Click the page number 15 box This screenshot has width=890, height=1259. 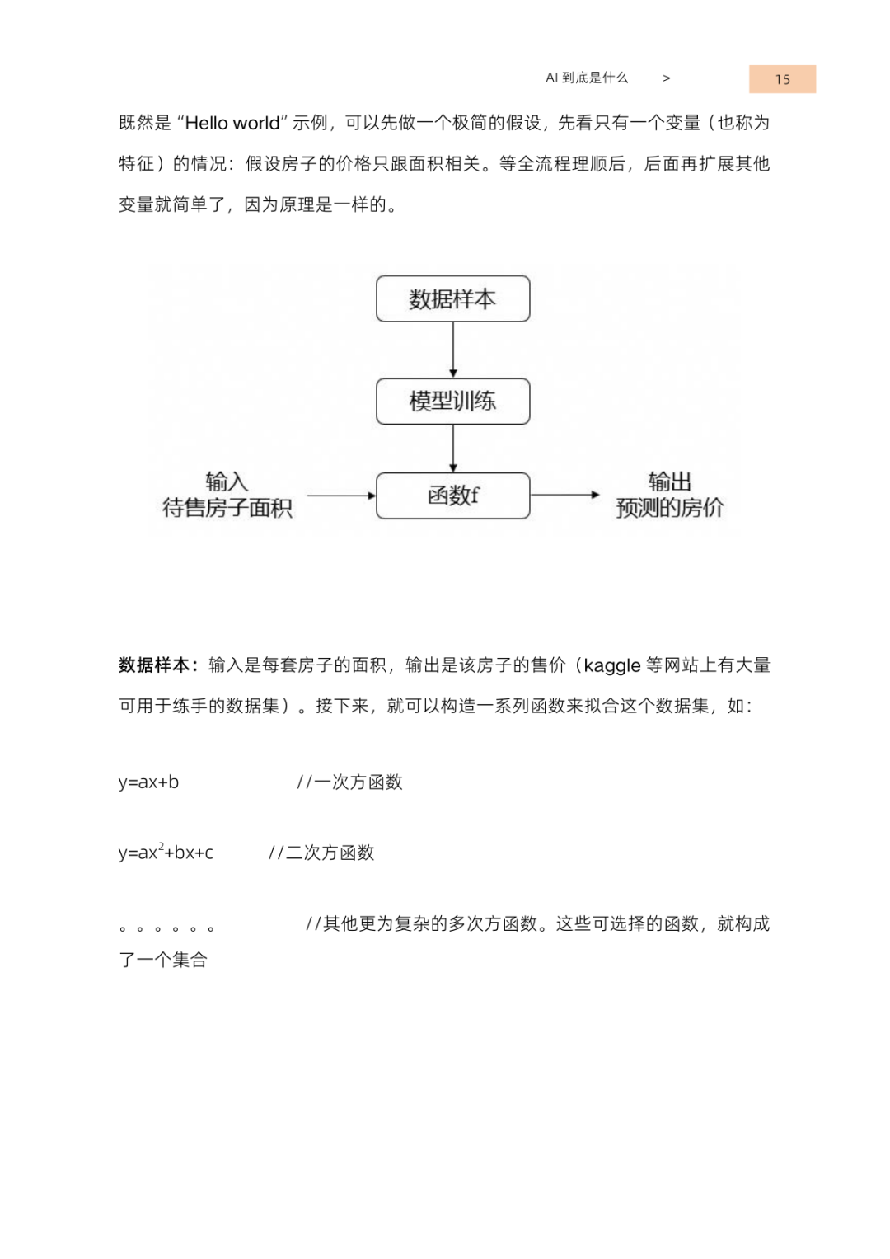[x=782, y=79]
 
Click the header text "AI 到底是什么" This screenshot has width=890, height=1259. [x=587, y=78]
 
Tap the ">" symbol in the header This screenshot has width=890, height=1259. [x=666, y=78]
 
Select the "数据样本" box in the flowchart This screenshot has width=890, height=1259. [x=452, y=298]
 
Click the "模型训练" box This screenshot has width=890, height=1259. [x=452, y=402]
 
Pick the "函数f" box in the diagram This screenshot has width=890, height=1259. [x=452, y=496]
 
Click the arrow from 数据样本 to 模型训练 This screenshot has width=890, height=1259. [x=453, y=350]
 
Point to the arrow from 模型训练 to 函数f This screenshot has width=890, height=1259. [x=453, y=449]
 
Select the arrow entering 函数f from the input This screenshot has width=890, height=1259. [x=341, y=496]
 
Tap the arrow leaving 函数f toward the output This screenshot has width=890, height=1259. [x=565, y=495]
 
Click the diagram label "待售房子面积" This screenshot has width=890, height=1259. [x=227, y=508]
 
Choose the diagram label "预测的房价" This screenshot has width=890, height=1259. [x=669, y=508]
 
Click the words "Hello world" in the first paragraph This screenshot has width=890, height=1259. [x=232, y=124]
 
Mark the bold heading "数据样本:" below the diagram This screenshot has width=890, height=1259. [x=158, y=665]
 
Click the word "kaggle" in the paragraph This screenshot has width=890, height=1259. [x=611, y=665]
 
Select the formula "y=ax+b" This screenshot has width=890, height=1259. [x=148, y=782]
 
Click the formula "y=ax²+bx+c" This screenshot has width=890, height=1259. [x=166, y=853]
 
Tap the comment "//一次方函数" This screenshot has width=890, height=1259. [x=349, y=782]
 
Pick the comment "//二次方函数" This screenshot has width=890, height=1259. [x=321, y=853]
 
